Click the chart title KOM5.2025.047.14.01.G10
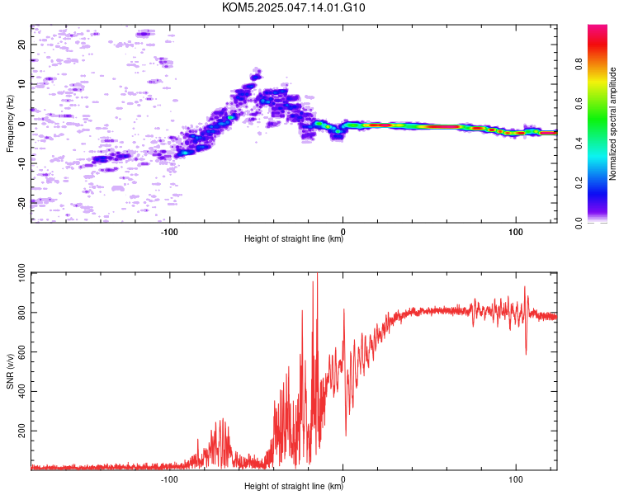tap(293, 7)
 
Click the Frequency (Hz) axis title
tap(10, 124)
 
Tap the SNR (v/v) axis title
tap(10, 371)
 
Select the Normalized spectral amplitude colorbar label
tap(612, 124)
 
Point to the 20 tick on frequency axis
tap(21, 45)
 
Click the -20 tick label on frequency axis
tap(21, 204)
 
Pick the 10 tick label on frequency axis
tap(21, 84)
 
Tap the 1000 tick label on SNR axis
tap(21, 272)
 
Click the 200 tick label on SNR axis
tap(21, 431)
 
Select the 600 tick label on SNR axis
tap(21, 351)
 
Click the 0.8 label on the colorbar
tap(579, 64)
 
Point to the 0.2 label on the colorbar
tap(579, 183)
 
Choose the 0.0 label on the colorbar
tap(579, 223)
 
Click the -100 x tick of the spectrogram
tap(169, 232)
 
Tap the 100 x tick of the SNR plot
tap(516, 479)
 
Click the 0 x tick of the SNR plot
tap(343, 479)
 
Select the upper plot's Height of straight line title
tap(294, 238)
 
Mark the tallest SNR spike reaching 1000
tap(317, 273)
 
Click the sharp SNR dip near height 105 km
tap(526, 354)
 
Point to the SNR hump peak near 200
tap(223, 420)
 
